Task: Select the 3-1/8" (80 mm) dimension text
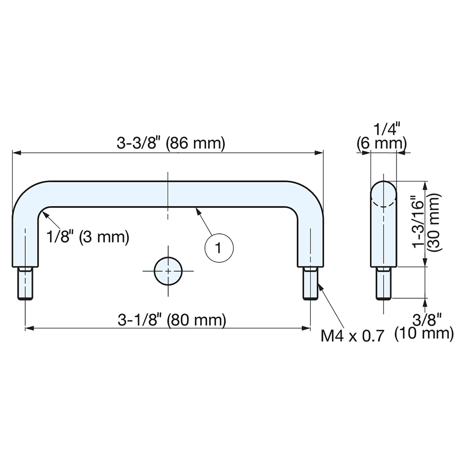click(172, 320)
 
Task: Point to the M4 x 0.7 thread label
click(353, 335)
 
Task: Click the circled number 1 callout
click(219, 246)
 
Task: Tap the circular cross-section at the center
click(168, 270)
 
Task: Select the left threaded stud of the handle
click(26, 284)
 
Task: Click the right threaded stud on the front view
click(310, 284)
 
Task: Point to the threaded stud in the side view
click(384, 284)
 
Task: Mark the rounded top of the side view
click(384, 189)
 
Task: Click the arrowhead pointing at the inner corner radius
click(44, 213)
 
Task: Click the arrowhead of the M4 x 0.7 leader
click(319, 285)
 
